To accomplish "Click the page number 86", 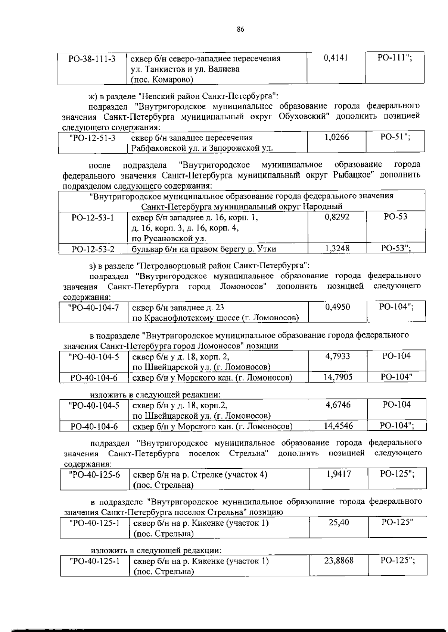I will [240, 30].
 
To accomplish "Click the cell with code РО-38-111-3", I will [92, 59].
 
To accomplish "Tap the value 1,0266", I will [336, 137].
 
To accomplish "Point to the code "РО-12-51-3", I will [92, 138].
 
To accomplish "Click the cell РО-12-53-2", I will [93, 249].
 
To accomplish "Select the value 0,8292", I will [337, 217].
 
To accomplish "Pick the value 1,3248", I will [337, 248].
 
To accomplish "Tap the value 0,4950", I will [337, 307].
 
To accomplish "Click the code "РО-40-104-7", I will [94, 307].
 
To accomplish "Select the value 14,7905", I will [337, 377].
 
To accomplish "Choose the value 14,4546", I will [338, 425].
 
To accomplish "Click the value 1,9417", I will [338, 474].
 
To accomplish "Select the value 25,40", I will [339, 522].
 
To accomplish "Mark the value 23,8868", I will [339, 560].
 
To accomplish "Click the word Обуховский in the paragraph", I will [304, 116].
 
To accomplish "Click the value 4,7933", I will [337, 356].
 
